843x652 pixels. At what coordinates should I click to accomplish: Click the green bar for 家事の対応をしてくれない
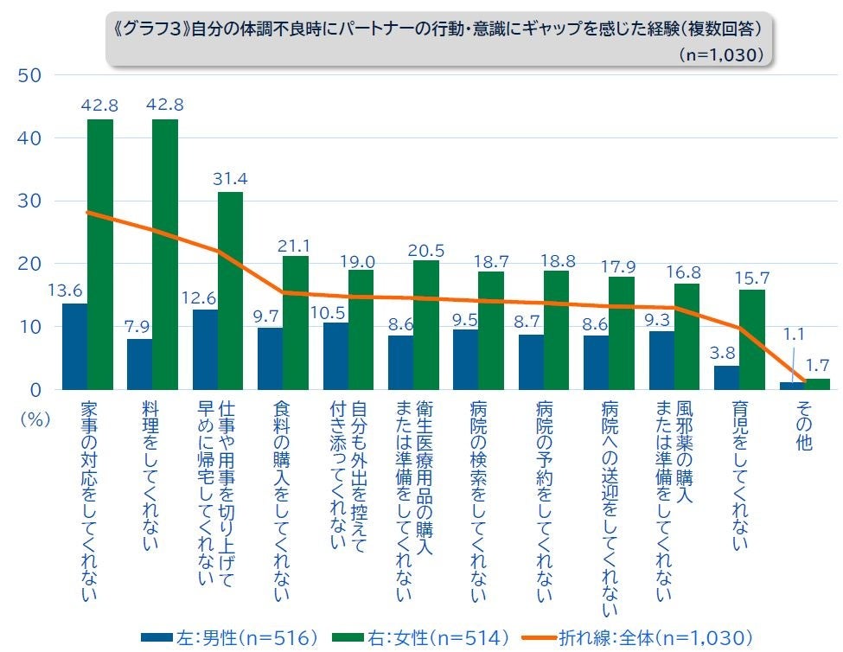(100, 254)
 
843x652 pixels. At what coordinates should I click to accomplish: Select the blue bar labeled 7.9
(139, 364)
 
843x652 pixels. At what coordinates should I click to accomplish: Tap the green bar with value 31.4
(230, 291)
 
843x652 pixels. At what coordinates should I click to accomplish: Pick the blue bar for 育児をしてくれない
(726, 378)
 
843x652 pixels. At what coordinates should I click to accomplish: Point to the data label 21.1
(295, 246)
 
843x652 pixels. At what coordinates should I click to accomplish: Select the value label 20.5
(426, 250)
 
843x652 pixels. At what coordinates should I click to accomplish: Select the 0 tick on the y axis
(35, 390)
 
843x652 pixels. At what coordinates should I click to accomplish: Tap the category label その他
(805, 427)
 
